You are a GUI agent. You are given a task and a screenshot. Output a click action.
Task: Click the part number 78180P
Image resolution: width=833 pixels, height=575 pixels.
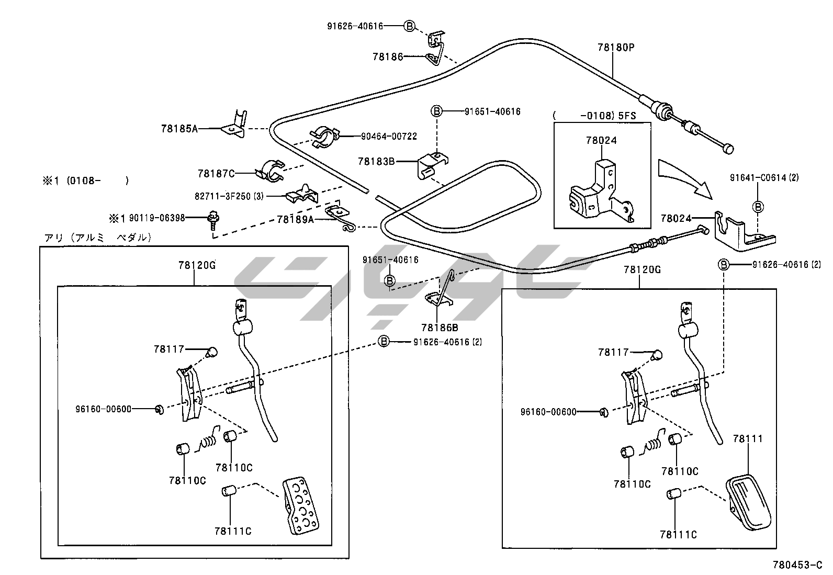pos(615,47)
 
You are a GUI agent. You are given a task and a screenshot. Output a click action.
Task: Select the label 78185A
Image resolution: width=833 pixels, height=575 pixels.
pos(179,128)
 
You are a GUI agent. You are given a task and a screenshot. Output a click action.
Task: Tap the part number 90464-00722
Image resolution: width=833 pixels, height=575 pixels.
pos(389,136)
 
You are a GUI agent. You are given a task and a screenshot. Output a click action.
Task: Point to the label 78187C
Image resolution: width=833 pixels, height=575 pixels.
pos(216,173)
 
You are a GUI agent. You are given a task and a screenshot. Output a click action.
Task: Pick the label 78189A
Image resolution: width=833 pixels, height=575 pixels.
pos(295,219)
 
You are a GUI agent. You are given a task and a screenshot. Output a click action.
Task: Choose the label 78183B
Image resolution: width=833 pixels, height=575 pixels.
pos(376,161)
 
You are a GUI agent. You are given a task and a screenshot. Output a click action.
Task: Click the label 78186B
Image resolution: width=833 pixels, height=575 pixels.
pos(439,328)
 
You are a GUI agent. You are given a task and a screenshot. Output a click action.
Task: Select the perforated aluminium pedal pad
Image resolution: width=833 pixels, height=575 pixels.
pos(300,505)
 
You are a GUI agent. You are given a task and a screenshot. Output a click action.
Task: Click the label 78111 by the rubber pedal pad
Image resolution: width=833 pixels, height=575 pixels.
pos(748,438)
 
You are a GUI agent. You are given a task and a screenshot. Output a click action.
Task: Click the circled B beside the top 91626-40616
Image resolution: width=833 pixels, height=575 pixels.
pos(410,26)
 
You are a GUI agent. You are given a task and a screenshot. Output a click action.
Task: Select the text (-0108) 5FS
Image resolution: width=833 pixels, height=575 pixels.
pos(594,115)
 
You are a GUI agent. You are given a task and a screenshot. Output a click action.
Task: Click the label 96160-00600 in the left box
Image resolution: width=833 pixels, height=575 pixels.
pos(103,409)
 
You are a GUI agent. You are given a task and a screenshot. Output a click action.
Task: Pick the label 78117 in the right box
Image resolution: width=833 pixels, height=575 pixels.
pos(613,353)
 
